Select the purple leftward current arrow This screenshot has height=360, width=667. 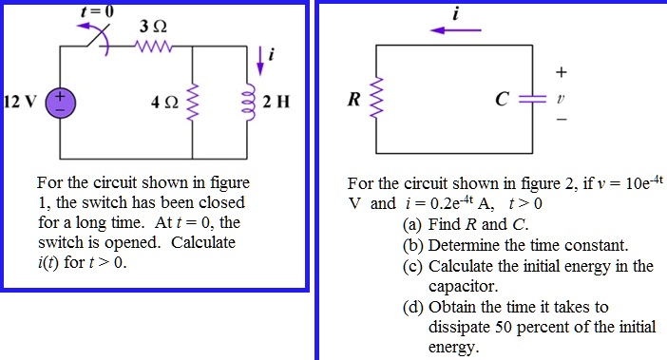(456, 29)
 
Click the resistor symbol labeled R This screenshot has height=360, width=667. (378, 97)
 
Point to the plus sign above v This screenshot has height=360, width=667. (561, 72)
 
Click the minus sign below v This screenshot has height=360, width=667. (561, 121)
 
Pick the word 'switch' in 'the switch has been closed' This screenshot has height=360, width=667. (100, 202)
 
